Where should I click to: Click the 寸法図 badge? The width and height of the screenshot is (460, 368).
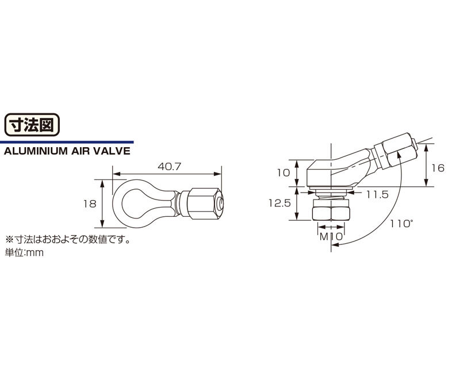click(x=32, y=125)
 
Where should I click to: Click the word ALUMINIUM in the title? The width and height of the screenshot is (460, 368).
click(x=36, y=151)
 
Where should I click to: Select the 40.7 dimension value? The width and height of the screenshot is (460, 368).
click(x=170, y=167)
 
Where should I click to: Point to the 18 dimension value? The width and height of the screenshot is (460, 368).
click(x=90, y=204)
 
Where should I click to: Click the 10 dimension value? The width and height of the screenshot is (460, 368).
click(x=283, y=173)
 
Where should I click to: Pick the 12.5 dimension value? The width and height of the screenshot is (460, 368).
click(x=279, y=203)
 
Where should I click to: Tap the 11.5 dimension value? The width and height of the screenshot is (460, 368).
click(x=377, y=194)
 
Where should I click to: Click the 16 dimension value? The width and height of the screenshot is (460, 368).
click(x=438, y=168)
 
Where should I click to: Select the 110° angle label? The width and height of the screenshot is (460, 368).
click(x=401, y=224)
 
